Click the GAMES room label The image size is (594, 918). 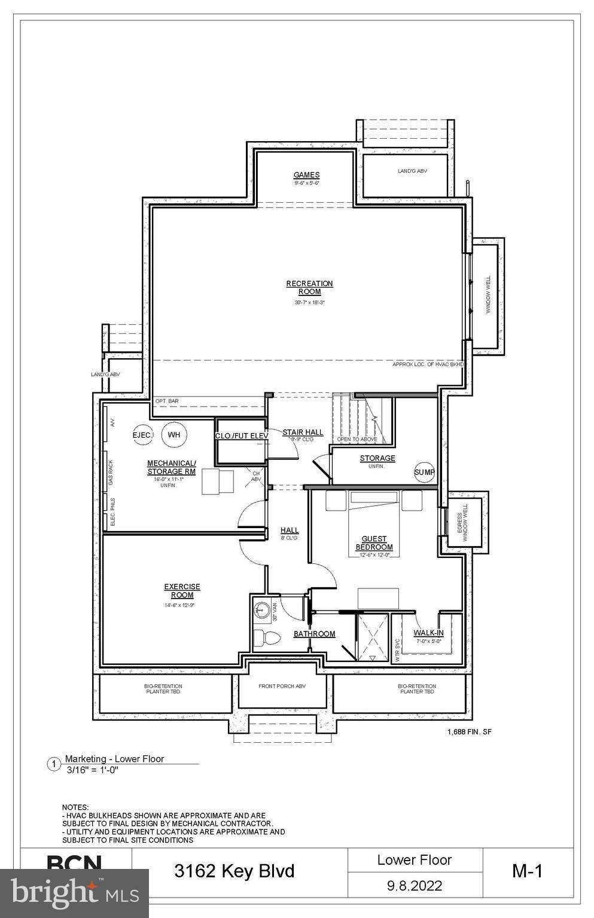pyautogui.click(x=306, y=175)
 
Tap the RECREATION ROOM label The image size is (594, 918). pyautogui.click(x=309, y=288)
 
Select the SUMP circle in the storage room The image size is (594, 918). pyautogui.click(x=424, y=472)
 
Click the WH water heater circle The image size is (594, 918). pyautogui.click(x=174, y=435)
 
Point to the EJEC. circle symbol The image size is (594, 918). pyautogui.click(x=142, y=435)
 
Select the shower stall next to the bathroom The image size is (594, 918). pyautogui.click(x=372, y=637)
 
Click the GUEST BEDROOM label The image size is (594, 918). pyautogui.click(x=374, y=543)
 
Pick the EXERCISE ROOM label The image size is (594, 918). pyautogui.click(x=182, y=591)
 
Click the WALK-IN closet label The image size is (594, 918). pyautogui.click(x=429, y=633)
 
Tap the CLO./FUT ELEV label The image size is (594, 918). pyautogui.click(x=241, y=435)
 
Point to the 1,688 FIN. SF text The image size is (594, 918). pyautogui.click(x=470, y=731)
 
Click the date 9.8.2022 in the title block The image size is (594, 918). pyautogui.click(x=415, y=885)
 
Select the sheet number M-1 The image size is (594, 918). pyautogui.click(x=527, y=871)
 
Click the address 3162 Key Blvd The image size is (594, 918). pyautogui.click(x=234, y=871)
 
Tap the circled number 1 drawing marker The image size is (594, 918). pyautogui.click(x=54, y=764)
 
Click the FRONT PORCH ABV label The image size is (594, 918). pyautogui.click(x=282, y=686)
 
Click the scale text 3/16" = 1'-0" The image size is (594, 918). pyautogui.click(x=92, y=770)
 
